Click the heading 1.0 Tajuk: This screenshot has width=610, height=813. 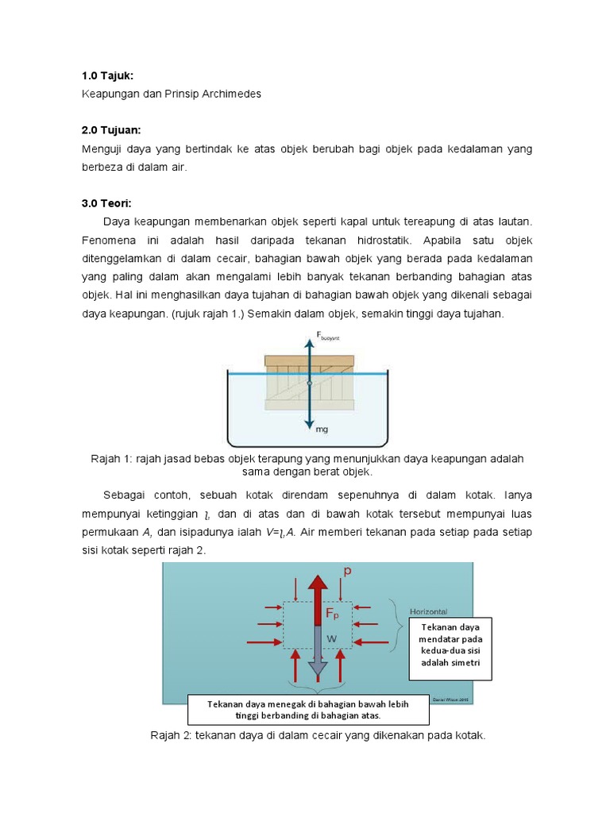[107, 75]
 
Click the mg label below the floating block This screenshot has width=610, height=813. [322, 429]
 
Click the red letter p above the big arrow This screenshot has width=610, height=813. [347, 570]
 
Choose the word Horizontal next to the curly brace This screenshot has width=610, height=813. [430, 612]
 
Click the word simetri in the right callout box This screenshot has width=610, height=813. [475, 662]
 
